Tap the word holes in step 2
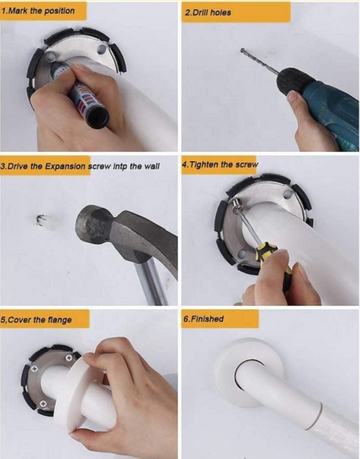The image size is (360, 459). [x=220, y=12]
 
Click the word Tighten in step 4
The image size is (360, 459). [x=204, y=164]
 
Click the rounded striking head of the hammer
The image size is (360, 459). [x=88, y=224]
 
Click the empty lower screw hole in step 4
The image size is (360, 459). [x=242, y=253]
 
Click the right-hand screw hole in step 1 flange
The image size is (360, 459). [x=102, y=50]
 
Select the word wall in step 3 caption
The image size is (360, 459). [x=152, y=166]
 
